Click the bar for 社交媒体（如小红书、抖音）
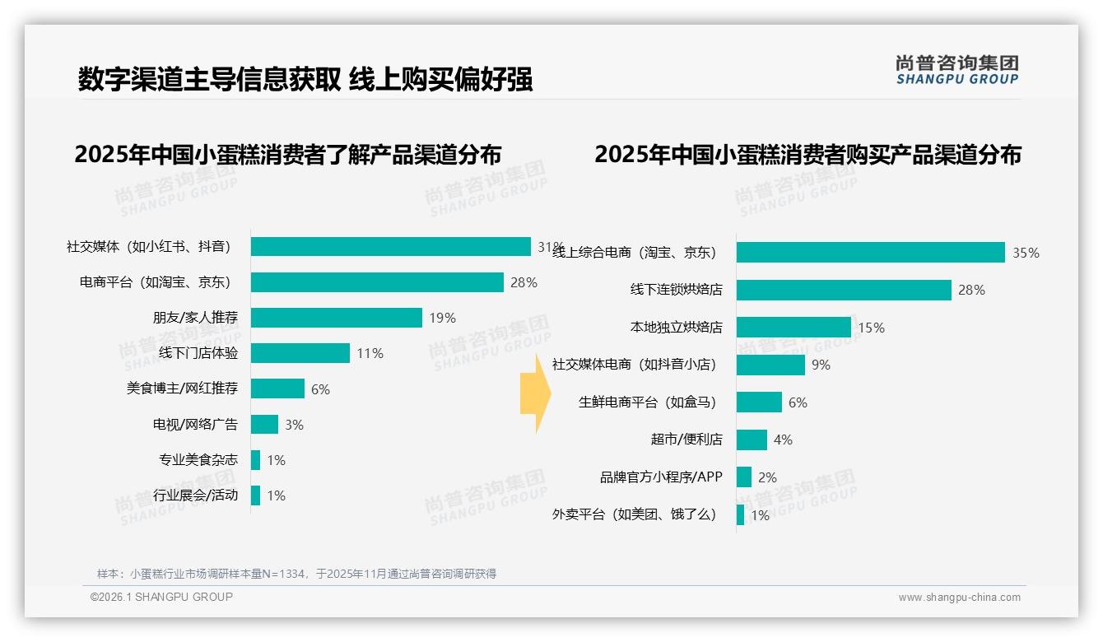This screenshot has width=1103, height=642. coord(391,247)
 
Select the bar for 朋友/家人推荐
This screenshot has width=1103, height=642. coord(337,318)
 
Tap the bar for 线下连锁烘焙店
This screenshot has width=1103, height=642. coord(844,290)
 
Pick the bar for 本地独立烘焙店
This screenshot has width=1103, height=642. coord(794,328)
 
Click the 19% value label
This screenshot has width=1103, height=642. coord(442,319)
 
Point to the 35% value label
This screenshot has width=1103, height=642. coord(1026,253)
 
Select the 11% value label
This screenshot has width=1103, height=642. coord(370,354)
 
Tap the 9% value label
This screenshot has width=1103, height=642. coord(821,365)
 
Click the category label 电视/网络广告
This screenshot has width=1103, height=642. coord(195,425)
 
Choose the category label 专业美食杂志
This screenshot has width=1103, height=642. coord(198,460)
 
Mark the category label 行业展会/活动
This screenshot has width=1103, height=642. coord(195,495)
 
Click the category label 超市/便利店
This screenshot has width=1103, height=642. coord(686,440)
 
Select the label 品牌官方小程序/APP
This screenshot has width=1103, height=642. coord(661,477)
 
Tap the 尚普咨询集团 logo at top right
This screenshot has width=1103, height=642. coord(957,70)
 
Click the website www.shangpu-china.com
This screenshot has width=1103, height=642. coord(959,598)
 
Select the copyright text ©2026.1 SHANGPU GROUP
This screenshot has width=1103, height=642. coord(161,597)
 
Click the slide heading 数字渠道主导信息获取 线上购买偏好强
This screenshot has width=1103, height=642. coord(305,79)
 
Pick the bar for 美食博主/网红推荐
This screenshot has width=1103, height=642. coord(277,388)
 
